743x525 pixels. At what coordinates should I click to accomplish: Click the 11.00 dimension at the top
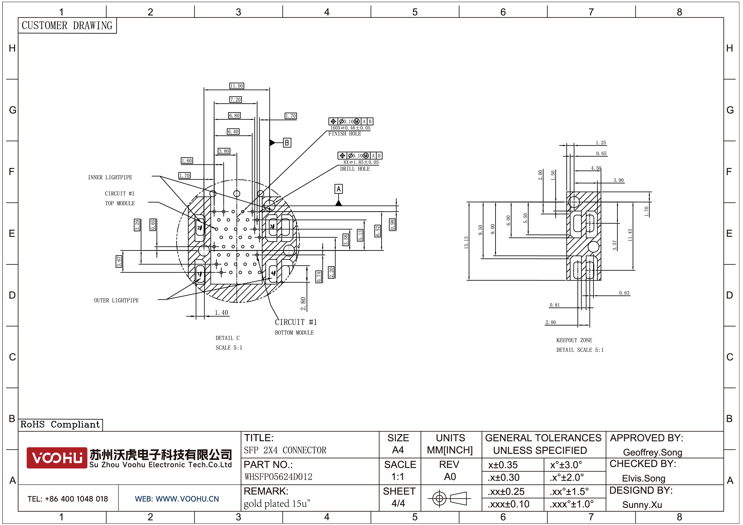tap(237, 86)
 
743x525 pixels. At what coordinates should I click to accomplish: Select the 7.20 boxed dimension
tap(236, 100)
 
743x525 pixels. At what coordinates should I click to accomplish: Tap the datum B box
tap(287, 143)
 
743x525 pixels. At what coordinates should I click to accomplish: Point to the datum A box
tap(338, 189)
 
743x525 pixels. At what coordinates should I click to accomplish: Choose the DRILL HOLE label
tap(355, 169)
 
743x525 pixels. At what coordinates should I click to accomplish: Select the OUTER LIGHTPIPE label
tap(116, 301)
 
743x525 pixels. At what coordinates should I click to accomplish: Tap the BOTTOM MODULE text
tap(294, 332)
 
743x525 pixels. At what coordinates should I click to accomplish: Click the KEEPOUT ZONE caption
tap(574, 340)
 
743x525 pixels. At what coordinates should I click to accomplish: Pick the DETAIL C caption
tap(227, 338)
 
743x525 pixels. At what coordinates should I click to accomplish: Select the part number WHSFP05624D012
tap(278, 477)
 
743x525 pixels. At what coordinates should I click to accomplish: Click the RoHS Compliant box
tap(60, 424)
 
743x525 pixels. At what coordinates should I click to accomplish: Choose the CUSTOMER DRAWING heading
tap(67, 26)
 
